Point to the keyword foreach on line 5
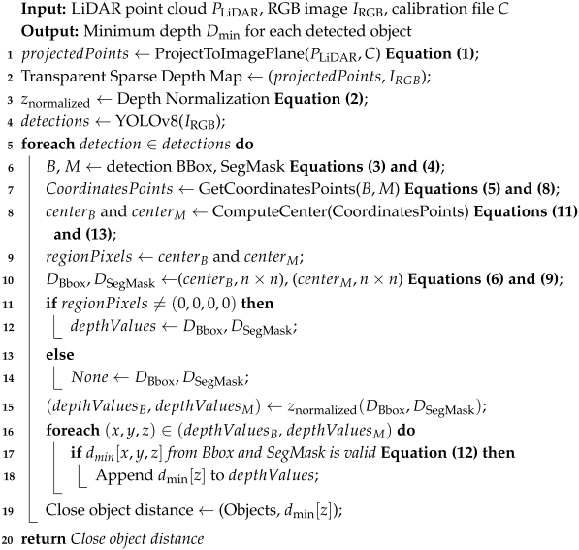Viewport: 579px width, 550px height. [46, 145]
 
